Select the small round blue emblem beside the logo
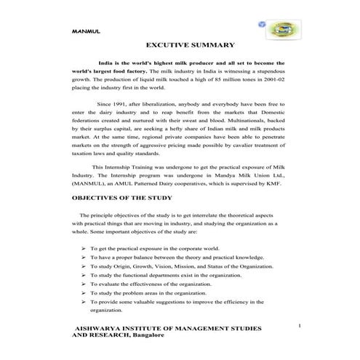pos(262,24)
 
